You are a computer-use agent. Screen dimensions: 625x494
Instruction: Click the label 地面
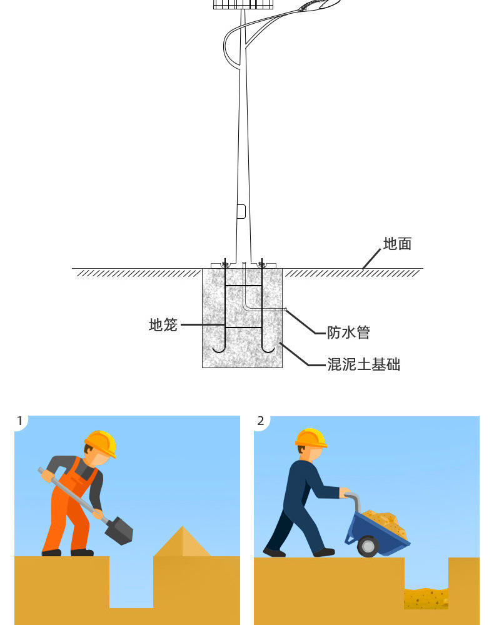(x=397, y=244)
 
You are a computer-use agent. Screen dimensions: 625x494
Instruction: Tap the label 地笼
(x=163, y=325)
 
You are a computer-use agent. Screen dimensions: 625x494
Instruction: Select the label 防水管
(x=348, y=332)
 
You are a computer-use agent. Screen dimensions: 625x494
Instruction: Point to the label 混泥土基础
(x=363, y=364)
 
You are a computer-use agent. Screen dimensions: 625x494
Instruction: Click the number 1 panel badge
(x=20, y=421)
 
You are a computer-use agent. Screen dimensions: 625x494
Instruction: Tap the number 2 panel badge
(x=261, y=421)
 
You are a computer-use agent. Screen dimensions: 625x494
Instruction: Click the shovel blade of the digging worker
(x=119, y=531)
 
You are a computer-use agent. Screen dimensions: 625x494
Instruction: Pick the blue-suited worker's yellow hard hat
(x=311, y=437)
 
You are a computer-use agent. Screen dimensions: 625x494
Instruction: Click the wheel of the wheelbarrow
(x=368, y=547)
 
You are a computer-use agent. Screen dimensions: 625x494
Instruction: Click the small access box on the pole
(x=241, y=211)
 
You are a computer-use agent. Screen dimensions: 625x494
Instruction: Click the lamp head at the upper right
(x=319, y=6)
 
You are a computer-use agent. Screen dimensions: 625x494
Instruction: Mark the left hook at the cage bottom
(x=218, y=347)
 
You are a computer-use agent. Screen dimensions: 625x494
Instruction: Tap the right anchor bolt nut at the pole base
(x=263, y=264)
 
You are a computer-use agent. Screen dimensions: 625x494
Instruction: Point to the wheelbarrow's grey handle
(x=353, y=499)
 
